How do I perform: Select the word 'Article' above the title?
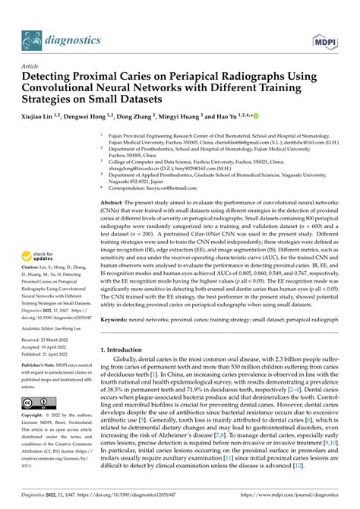(x=33, y=67)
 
